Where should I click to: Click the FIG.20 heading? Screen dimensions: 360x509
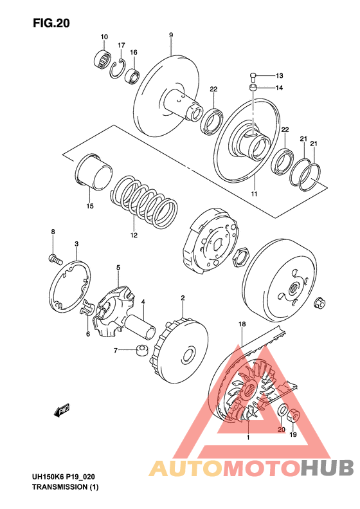pyautogui.click(x=51, y=23)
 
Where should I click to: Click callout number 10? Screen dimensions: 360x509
pyautogui.click(x=104, y=37)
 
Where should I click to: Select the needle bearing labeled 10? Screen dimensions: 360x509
pyautogui.click(x=102, y=59)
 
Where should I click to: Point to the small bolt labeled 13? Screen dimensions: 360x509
pyautogui.click(x=253, y=77)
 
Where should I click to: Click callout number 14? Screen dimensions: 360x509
pyautogui.click(x=279, y=88)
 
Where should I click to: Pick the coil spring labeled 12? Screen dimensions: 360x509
pyautogui.click(x=144, y=202)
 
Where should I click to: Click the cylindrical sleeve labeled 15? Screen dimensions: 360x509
pyautogui.click(x=93, y=171)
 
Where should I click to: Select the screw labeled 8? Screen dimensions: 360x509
pyautogui.click(x=55, y=259)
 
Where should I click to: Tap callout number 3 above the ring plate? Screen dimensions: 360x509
pyautogui.click(x=76, y=243)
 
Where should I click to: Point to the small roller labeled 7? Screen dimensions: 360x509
pyautogui.click(x=141, y=350)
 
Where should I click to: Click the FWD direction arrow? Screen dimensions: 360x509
pyautogui.click(x=62, y=410)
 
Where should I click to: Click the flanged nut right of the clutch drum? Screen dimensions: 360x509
pyautogui.click(x=319, y=302)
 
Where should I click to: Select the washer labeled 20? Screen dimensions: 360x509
pyautogui.click(x=283, y=410)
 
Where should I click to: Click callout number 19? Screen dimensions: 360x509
pyautogui.click(x=293, y=434)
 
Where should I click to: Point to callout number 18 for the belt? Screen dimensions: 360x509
pyautogui.click(x=242, y=324)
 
